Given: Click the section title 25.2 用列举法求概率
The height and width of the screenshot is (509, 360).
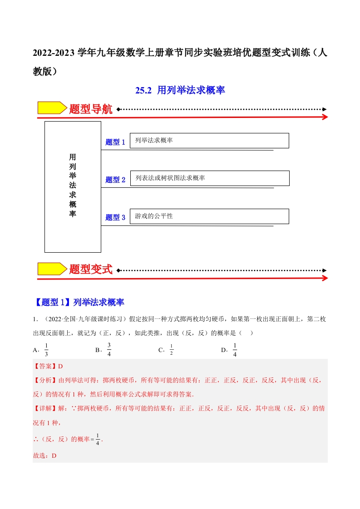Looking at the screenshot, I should pyautogui.click(x=180, y=91).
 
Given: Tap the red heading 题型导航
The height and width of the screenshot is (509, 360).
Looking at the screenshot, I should pyautogui.click(x=91, y=109).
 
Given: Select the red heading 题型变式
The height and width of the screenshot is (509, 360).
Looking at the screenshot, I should pyautogui.click(x=91, y=269).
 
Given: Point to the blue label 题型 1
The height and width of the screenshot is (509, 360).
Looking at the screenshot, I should pyautogui.click(x=115, y=142).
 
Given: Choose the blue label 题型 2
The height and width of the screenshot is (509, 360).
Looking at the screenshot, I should pyautogui.click(x=115, y=180).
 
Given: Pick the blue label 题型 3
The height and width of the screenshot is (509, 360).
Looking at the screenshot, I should pyautogui.click(x=115, y=217).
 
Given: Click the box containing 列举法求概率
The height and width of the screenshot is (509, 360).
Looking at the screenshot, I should pyautogui.click(x=209, y=141).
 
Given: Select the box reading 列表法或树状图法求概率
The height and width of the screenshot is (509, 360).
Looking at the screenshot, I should pyautogui.click(x=209, y=178).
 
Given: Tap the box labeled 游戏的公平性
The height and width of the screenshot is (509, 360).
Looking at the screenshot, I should pyautogui.click(x=209, y=216).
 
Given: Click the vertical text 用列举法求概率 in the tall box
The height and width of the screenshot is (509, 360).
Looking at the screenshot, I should pyautogui.click(x=73, y=186).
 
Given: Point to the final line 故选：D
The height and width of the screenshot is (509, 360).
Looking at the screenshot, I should pyautogui.click(x=44, y=455).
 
